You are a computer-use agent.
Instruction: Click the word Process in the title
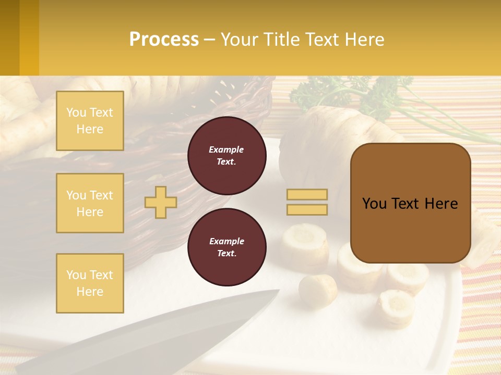point(164,40)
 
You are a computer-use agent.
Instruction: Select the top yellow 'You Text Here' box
point(90,121)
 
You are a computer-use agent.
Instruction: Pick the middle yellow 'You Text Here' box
point(90,203)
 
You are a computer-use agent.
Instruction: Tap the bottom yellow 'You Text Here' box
point(90,283)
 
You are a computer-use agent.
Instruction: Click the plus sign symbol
point(161,202)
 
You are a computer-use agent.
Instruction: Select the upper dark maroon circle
point(226,155)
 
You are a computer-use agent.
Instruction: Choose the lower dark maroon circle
point(226,247)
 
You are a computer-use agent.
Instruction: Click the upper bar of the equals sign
point(307,194)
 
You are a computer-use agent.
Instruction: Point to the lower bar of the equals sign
point(307,209)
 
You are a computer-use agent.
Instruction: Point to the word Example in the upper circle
point(226,149)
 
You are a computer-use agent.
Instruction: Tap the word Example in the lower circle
point(226,241)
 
